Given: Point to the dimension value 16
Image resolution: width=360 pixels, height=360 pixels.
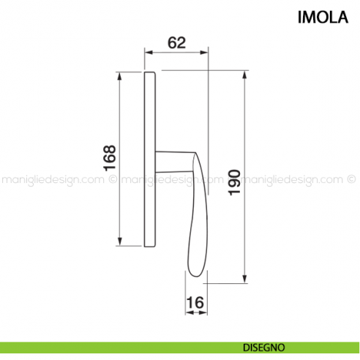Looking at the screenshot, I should (194, 302).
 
